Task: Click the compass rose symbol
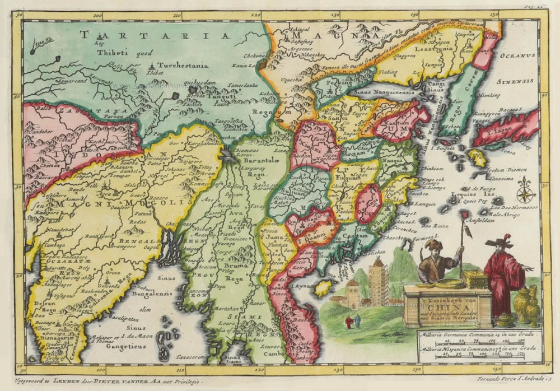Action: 525,192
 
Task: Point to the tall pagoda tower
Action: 379,282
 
